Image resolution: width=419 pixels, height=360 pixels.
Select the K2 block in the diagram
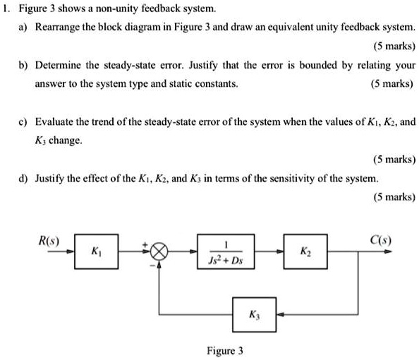[304, 251]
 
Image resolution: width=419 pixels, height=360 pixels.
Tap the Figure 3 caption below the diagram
[224, 349]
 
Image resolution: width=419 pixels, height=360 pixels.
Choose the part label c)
[24, 121]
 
